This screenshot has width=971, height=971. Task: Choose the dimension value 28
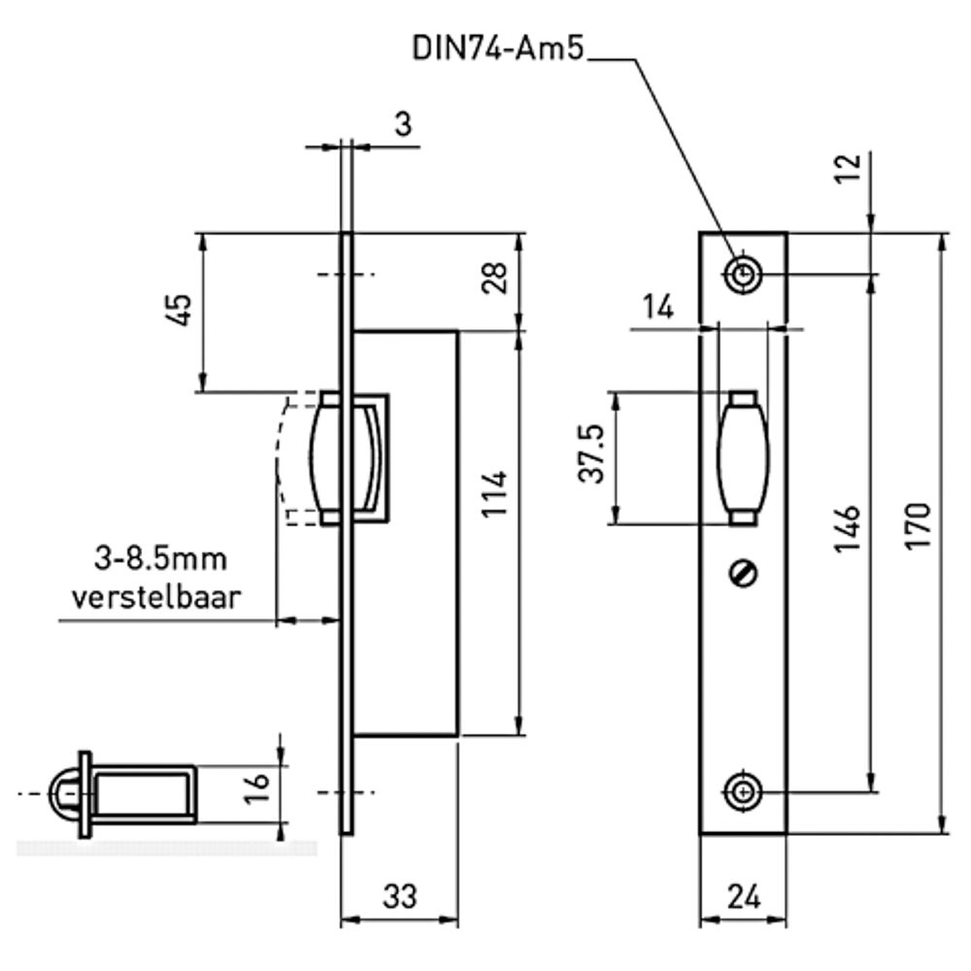point(494,280)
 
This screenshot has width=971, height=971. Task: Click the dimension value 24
point(743,897)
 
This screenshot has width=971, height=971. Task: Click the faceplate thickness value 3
point(402,123)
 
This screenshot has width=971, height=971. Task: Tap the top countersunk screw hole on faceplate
point(743,276)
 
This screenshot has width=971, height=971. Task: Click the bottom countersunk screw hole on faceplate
point(743,791)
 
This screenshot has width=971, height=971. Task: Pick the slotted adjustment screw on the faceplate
point(743,575)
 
